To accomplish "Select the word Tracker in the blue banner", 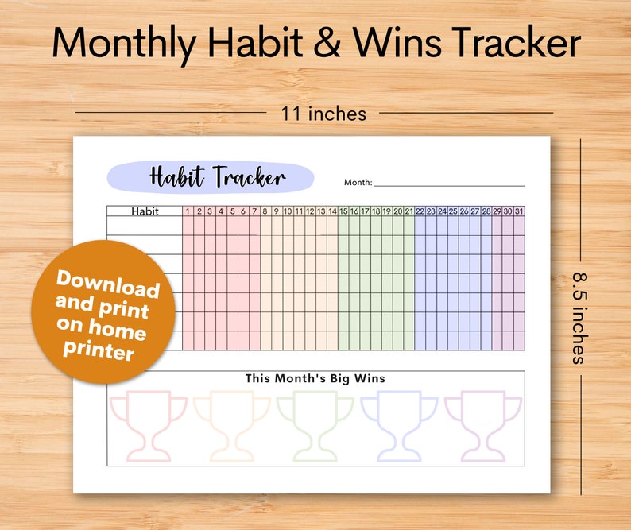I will [x=248, y=176].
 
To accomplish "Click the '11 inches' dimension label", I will [x=323, y=114].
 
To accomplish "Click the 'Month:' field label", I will [x=358, y=182].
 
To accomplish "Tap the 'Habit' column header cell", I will [x=145, y=211].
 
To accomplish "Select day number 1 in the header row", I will [x=188, y=211].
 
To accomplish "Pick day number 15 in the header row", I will [x=344, y=211].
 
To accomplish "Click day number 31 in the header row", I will [x=519, y=211].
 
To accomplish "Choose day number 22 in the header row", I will [x=420, y=211].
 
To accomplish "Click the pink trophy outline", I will [x=149, y=424].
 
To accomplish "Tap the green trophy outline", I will [x=315, y=424].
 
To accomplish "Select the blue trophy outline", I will [x=399, y=424].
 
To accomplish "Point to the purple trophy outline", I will [x=482, y=424].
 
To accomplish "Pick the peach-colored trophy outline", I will [x=232, y=424].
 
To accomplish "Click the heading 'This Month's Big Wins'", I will [x=315, y=379].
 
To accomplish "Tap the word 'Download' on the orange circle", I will [x=107, y=284].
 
